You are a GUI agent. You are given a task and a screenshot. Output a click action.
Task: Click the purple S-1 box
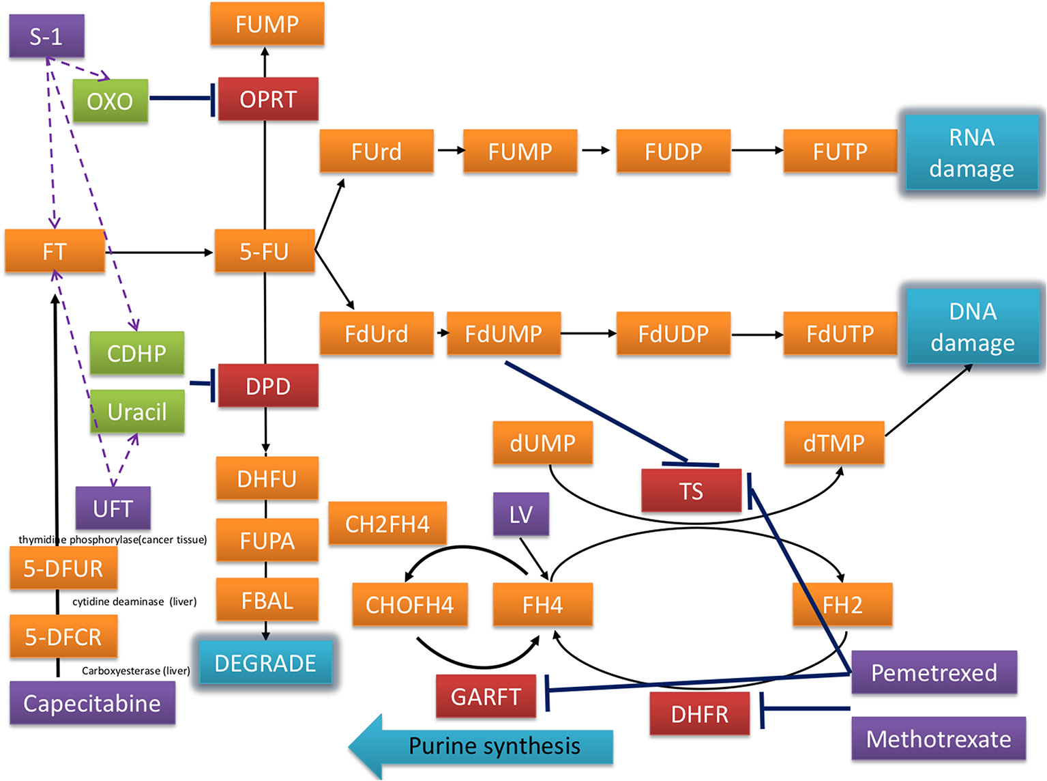pyautogui.click(x=46, y=36)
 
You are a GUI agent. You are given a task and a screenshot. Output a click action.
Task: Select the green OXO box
pyautogui.click(x=110, y=101)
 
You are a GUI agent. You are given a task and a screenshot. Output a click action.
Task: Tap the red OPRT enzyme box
pyautogui.click(x=268, y=100)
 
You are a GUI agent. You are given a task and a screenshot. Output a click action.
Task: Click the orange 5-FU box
pyautogui.click(x=265, y=251)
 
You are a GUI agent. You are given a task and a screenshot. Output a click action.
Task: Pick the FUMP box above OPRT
pyautogui.click(x=267, y=25)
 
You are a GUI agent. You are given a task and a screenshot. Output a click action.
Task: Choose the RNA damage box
pyautogui.click(x=971, y=153)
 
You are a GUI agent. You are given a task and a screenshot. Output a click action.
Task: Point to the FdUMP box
pyautogui.click(x=503, y=334)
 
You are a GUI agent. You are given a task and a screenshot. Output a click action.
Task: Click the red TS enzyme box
pyautogui.click(x=691, y=491)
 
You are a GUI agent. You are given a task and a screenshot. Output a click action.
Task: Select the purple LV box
pyautogui.click(x=521, y=515)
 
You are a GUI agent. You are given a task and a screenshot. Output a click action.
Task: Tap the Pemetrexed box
pyautogui.click(x=934, y=672)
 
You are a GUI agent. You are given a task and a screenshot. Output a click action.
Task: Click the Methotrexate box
pyautogui.click(x=939, y=739)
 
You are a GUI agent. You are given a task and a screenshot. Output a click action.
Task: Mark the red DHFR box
pyautogui.click(x=699, y=714)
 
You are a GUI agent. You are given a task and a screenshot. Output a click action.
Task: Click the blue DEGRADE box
pyautogui.click(x=265, y=663)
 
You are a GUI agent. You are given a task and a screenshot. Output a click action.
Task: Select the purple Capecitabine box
pyautogui.click(x=92, y=703)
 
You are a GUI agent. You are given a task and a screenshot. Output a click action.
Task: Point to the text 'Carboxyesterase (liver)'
pyautogui.click(x=136, y=670)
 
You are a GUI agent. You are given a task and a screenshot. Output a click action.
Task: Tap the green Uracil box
pyautogui.click(x=137, y=412)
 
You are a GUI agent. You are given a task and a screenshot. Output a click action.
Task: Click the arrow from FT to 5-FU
pyautogui.click(x=160, y=253)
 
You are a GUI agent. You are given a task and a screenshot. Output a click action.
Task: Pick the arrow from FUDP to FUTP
pyautogui.click(x=756, y=151)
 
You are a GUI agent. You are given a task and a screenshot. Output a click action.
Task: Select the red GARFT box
pyautogui.click(x=486, y=696)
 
